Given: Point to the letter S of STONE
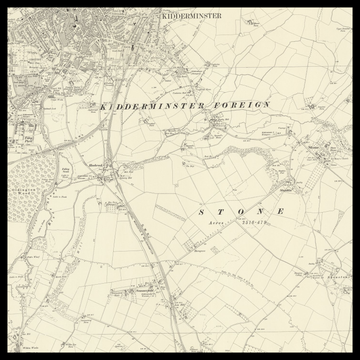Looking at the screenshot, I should pyautogui.click(x=202, y=213).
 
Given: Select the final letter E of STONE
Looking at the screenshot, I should pyautogui.click(x=282, y=213).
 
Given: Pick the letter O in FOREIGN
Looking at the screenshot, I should pyautogui.click(x=221, y=105).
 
